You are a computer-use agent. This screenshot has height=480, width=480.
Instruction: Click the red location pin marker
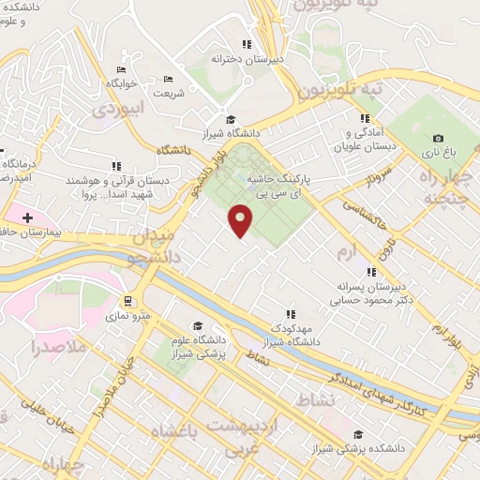point(241,219)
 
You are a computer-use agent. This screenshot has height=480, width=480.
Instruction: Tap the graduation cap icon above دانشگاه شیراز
point(230,118)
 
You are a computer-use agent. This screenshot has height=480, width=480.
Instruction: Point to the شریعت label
point(169,94)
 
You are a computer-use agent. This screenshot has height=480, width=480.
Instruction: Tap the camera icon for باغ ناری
point(439,138)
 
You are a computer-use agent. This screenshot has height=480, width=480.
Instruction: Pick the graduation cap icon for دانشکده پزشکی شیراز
point(359,434)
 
